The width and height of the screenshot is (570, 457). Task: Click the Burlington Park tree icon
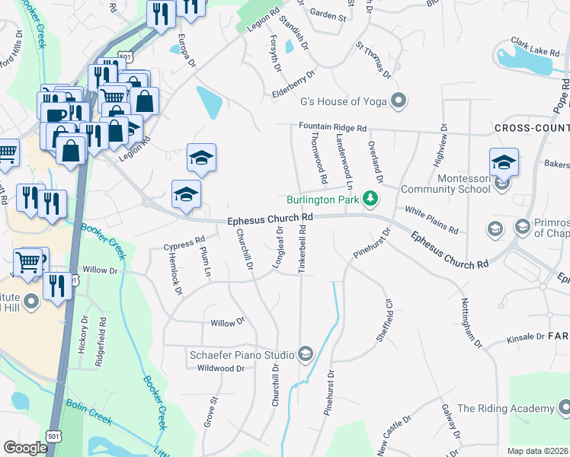pyautogui.click(x=370, y=200)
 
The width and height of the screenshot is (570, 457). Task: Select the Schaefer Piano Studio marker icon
pyautogui.click(x=306, y=353)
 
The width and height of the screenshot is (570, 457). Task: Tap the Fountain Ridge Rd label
pyautogui.click(x=333, y=127)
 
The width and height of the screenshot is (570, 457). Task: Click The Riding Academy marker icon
pyautogui.click(x=564, y=408)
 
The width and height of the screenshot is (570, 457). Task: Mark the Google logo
pyautogui.click(x=25, y=448)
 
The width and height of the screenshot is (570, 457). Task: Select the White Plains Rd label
pyautogui.click(x=431, y=219)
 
